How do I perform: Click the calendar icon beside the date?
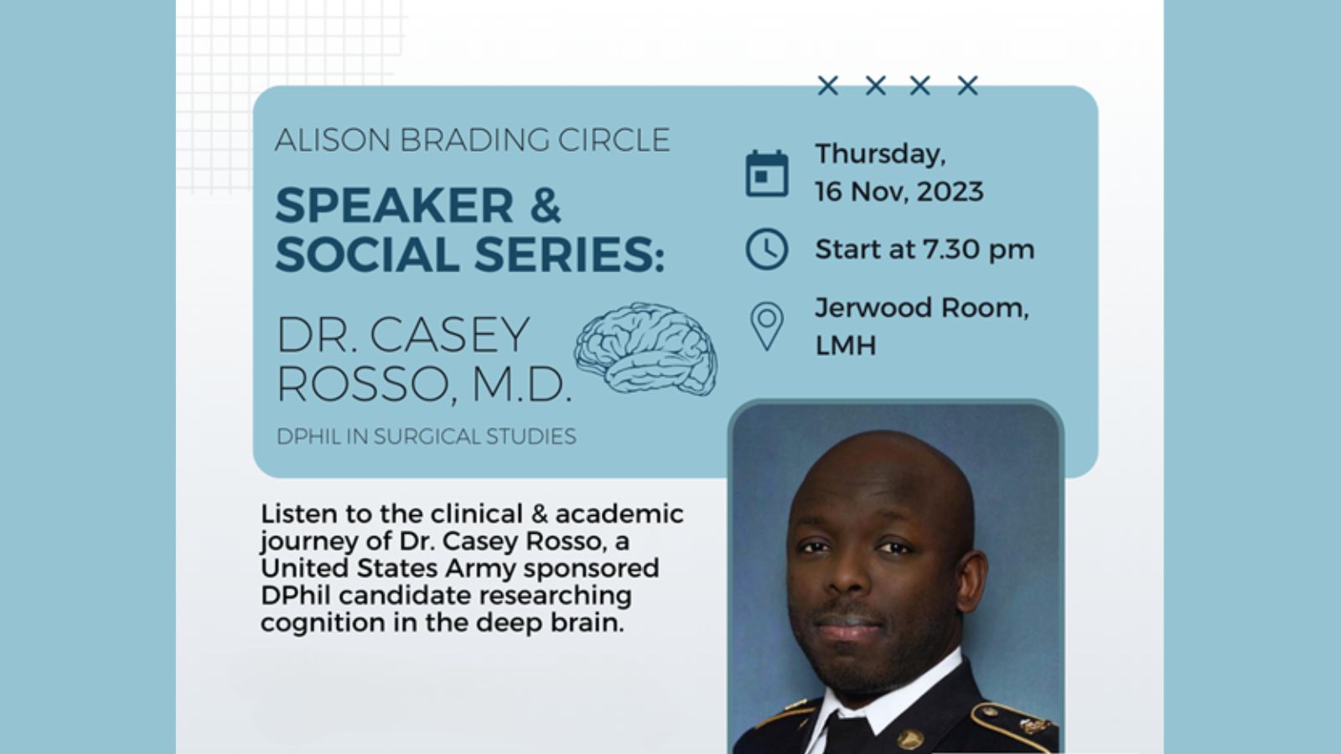coord(767,173)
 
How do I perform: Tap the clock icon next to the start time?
coord(767,249)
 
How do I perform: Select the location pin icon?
coord(767,326)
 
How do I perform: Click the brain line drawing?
coord(646,349)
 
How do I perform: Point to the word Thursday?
coord(881,154)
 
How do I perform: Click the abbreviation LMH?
coord(846,345)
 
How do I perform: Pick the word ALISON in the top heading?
coord(333,140)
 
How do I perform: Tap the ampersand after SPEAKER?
coord(546,205)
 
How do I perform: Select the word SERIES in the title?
coord(569,255)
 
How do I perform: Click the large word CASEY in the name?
coord(449,334)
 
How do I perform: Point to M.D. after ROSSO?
coord(522,384)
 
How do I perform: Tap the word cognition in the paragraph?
coord(323,623)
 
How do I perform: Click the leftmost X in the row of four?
coord(828,85)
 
